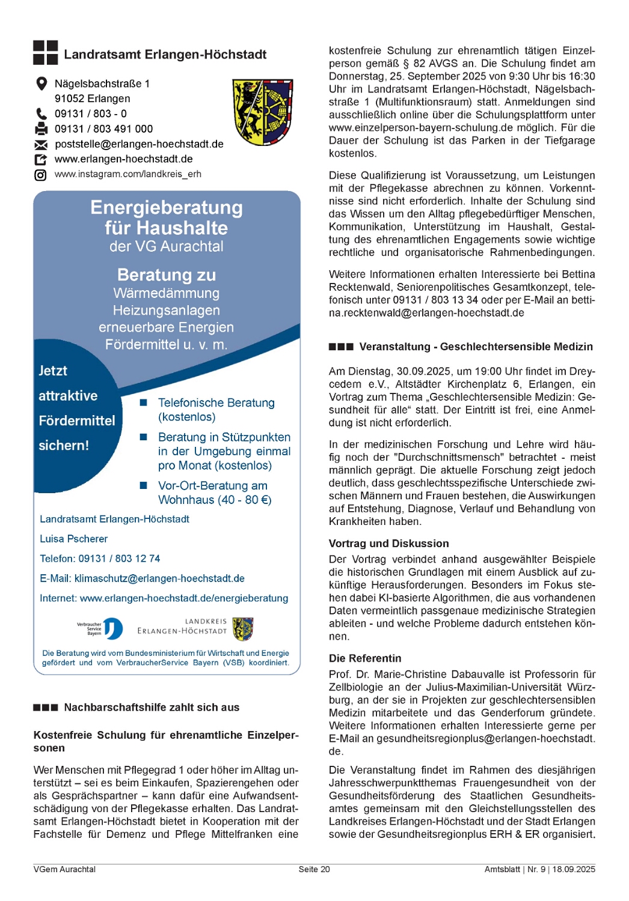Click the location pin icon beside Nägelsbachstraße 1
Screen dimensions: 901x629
[x=41, y=83]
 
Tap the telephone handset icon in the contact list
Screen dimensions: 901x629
[x=41, y=114]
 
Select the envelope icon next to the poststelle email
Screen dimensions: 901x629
[x=41, y=145]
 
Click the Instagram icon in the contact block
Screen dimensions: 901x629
[x=40, y=175]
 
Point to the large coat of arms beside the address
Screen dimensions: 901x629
[x=263, y=112]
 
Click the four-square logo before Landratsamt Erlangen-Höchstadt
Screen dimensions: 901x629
[x=45, y=53]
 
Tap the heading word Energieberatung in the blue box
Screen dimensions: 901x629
[x=167, y=208]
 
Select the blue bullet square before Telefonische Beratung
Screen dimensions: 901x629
[x=144, y=402]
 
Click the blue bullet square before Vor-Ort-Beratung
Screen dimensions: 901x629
[x=144, y=485]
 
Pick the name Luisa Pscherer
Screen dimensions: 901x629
[x=73, y=539]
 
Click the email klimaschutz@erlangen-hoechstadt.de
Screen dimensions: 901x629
[x=159, y=578]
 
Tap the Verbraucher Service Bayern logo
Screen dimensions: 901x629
[x=100, y=629]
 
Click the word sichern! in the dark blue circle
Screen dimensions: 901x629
[x=64, y=446]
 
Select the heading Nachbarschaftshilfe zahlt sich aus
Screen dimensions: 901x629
[x=152, y=708]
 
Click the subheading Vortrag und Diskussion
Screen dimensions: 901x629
[x=388, y=544]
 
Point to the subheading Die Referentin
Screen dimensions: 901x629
[x=364, y=658]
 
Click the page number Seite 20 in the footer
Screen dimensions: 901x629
[x=314, y=869]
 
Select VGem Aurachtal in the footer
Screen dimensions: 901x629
[x=64, y=869]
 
